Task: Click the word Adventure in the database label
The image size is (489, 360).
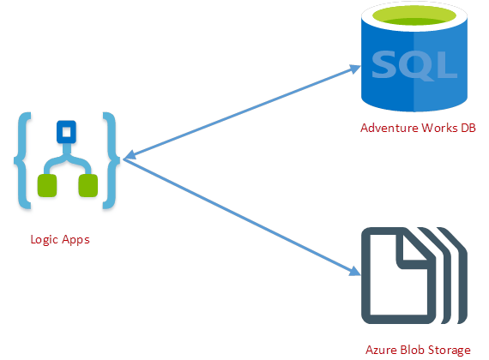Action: coord(389,128)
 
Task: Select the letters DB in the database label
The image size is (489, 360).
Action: coord(468,128)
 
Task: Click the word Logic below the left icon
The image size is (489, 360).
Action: coord(44,240)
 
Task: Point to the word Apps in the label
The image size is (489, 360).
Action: coord(75,240)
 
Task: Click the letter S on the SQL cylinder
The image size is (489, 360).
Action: coord(383,65)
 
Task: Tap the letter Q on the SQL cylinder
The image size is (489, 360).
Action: coord(415,65)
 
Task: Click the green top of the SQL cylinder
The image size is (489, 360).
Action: coord(414,15)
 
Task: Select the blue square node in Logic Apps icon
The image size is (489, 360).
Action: coord(66,131)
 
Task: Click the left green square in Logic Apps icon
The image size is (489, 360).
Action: coord(47,185)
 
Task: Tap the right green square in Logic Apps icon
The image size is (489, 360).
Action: coord(88,185)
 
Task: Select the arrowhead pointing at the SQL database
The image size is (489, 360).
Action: coord(354,69)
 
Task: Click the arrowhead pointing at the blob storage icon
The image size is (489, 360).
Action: coord(354,271)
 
